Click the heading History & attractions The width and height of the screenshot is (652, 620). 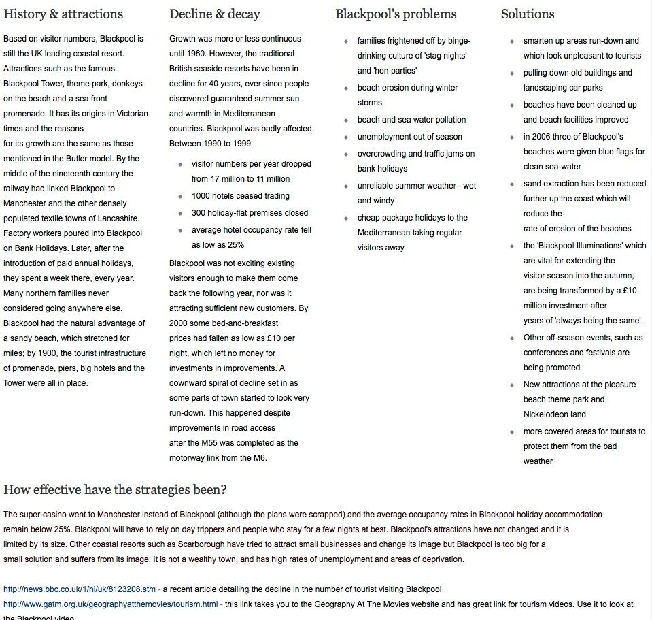tap(63, 14)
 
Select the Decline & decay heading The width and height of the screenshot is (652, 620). tap(215, 14)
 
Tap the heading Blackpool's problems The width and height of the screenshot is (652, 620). tap(396, 14)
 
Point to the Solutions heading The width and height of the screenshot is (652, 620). tap(528, 14)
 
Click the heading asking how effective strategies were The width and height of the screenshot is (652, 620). tap(115, 490)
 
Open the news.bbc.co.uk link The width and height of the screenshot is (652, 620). tap(79, 589)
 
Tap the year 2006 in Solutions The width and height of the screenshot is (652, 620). tap(543, 137)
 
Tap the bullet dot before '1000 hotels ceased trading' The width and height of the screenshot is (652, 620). tap(180, 196)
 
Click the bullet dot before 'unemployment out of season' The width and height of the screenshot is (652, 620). tap(346, 137)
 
